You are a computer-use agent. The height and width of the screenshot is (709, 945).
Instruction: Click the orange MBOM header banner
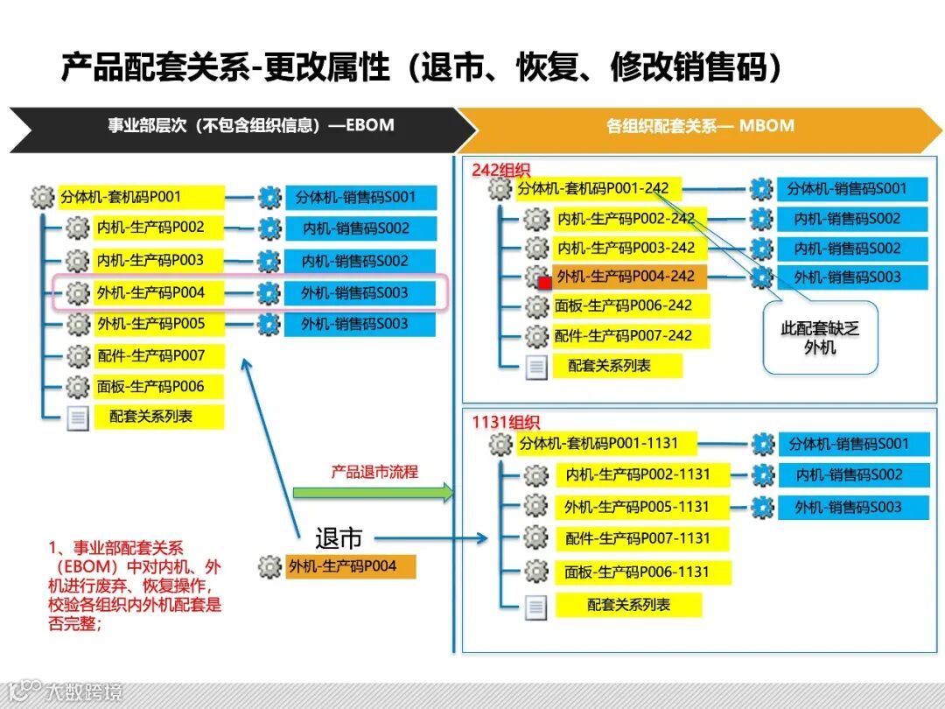click(700, 127)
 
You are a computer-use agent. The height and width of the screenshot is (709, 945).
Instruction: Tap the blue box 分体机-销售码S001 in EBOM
click(360, 197)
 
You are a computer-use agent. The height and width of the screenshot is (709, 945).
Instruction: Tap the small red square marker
click(544, 283)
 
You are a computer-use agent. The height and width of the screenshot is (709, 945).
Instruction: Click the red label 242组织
click(501, 170)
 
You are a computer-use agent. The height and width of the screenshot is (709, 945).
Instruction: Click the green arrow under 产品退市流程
click(373, 492)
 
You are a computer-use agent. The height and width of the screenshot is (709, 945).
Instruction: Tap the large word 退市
click(339, 538)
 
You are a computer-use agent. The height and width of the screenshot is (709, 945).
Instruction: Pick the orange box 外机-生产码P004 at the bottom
click(349, 566)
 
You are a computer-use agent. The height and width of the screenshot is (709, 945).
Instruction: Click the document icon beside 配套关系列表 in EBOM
click(78, 418)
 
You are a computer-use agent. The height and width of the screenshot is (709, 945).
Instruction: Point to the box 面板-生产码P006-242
click(630, 305)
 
